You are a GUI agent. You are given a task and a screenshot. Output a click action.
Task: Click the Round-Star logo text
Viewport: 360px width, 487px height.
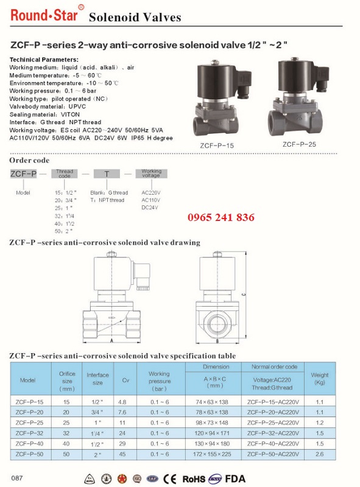pos(43,15)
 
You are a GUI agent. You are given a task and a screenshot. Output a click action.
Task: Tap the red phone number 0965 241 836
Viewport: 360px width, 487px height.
pos(221,218)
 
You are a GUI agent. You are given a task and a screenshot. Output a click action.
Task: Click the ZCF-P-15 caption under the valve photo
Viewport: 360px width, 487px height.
pos(217,145)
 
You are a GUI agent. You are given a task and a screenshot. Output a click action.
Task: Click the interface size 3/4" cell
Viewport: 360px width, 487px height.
pos(97,412)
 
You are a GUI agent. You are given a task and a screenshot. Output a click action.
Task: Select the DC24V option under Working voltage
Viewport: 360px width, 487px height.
pos(150,208)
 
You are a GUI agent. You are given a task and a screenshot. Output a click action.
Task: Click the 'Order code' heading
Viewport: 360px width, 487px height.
pos(29,160)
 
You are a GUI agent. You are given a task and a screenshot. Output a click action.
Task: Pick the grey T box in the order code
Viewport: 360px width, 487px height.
pos(107,174)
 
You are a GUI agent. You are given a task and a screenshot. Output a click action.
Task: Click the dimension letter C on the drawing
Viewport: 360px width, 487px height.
pos(243,295)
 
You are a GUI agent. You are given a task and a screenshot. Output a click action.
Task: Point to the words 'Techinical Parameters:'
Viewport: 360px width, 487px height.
pos(44,59)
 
